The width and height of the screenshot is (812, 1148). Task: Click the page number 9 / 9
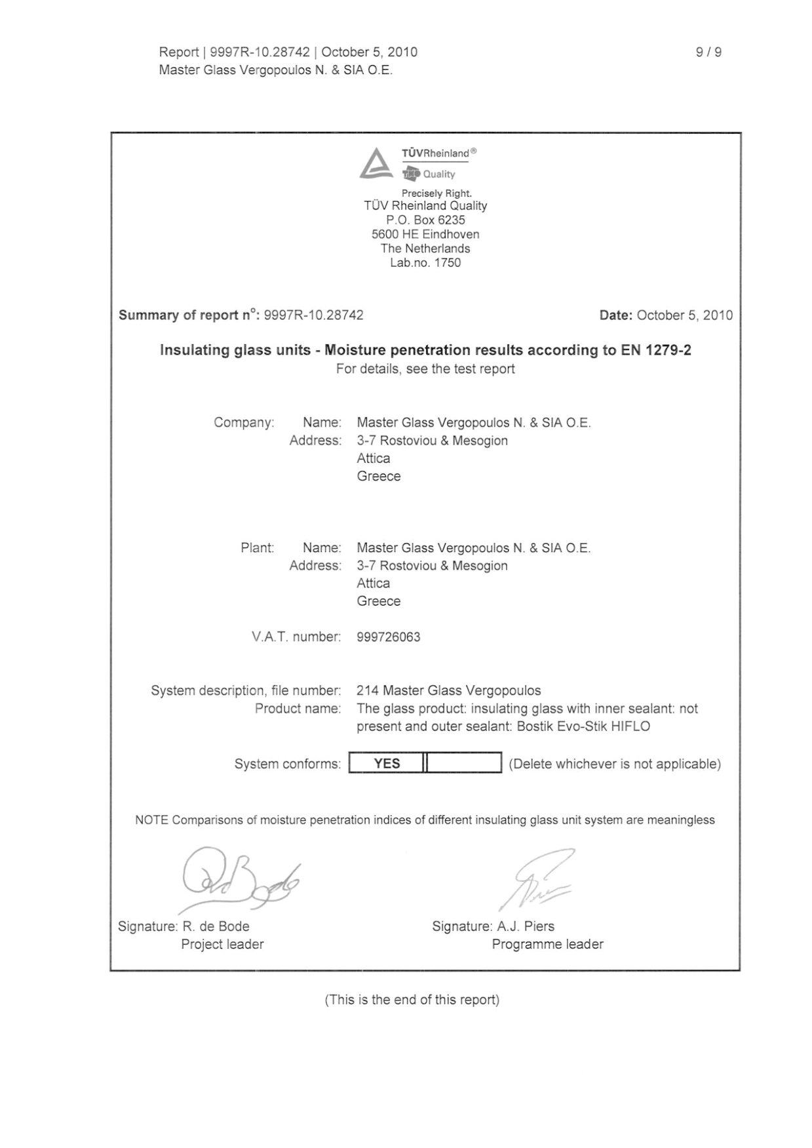coord(708,52)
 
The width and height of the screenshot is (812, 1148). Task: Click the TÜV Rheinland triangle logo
coord(376,164)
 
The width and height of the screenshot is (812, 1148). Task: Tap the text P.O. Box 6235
coord(425,220)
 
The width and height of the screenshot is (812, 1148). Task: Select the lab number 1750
coord(448,263)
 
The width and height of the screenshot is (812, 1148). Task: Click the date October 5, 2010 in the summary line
coord(684,315)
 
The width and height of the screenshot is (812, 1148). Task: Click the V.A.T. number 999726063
coord(389,637)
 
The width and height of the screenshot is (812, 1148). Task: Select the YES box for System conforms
coord(387,763)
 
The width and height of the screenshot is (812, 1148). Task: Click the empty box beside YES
coord(464,763)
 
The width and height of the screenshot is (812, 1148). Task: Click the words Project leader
coord(222,944)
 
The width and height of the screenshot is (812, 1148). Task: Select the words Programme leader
coord(547,944)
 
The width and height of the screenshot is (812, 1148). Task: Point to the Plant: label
coord(257,548)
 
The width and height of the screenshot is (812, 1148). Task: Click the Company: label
coord(244,423)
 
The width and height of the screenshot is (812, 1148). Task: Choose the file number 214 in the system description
coord(367,690)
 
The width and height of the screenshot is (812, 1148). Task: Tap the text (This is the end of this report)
coord(412,1000)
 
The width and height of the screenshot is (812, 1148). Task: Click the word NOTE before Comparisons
coord(151,820)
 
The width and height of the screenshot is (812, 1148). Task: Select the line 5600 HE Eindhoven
coord(425,235)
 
